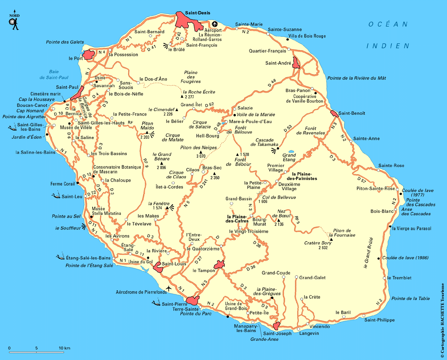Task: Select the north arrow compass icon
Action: point(15,21)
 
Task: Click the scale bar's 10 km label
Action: point(64,348)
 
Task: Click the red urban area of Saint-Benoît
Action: point(334,114)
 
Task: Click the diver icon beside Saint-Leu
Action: point(56,196)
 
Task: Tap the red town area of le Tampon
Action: point(219,265)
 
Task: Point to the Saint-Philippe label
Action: point(379,320)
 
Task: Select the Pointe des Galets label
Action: point(64,42)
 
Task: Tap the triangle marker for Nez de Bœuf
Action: point(278,220)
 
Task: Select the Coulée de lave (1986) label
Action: point(406,257)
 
